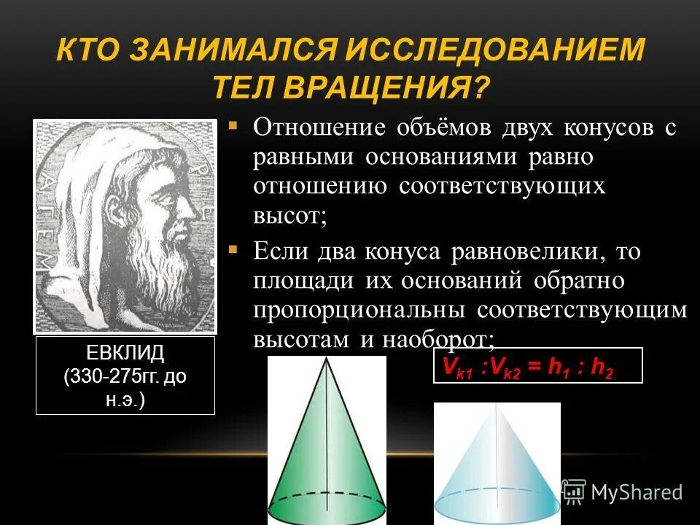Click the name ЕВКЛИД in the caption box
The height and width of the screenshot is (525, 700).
[x=125, y=354]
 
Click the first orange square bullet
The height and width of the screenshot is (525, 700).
[x=233, y=125]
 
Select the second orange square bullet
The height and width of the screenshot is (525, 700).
[x=233, y=249]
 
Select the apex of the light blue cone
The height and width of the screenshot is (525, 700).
[x=497, y=406]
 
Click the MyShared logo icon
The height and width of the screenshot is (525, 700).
[x=574, y=491]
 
